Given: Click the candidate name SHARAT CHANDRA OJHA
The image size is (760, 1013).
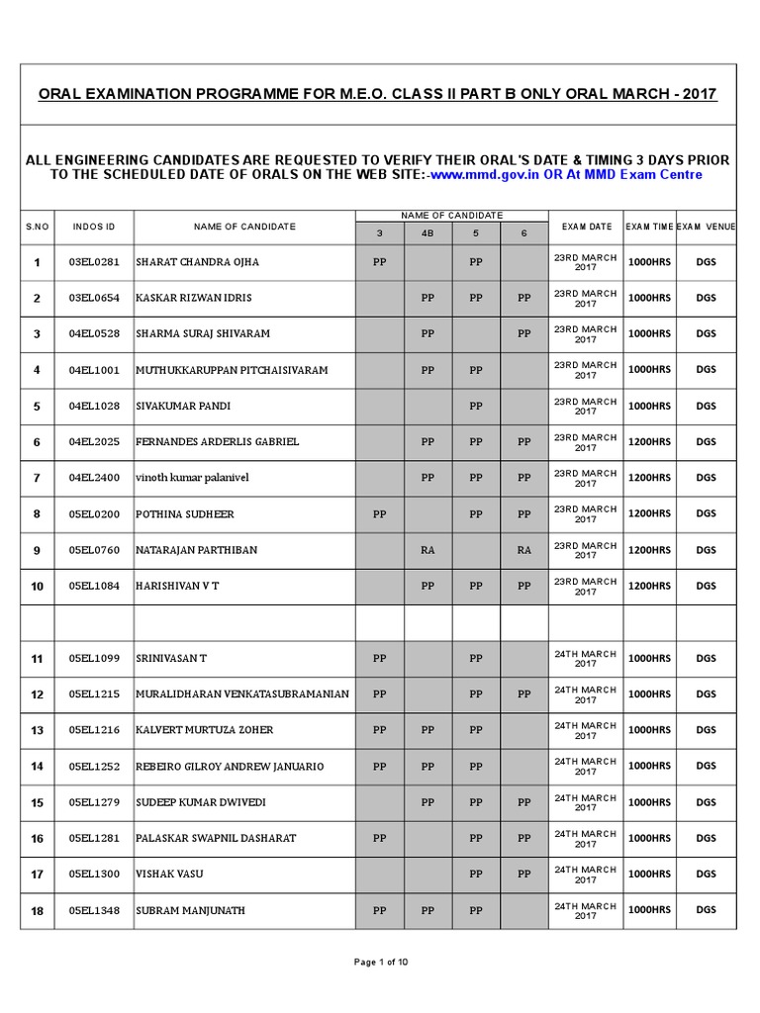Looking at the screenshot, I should [x=198, y=262].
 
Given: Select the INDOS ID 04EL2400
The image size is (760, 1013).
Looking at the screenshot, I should [x=94, y=478].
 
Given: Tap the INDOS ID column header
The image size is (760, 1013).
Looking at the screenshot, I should [x=94, y=227].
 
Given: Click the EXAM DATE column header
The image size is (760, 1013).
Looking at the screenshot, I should [x=586, y=227].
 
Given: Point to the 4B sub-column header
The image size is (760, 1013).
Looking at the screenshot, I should [x=427, y=234].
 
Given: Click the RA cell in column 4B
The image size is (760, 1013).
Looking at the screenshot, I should [x=427, y=550].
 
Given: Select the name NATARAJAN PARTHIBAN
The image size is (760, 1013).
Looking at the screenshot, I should [x=201, y=550].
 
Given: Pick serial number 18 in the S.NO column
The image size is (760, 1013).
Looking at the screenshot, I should [x=38, y=910].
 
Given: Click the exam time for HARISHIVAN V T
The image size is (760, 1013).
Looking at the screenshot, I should [x=649, y=586].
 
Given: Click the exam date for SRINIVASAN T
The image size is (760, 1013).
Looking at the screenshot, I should [x=586, y=658].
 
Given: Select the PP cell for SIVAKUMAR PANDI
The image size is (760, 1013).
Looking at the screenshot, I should [x=476, y=406].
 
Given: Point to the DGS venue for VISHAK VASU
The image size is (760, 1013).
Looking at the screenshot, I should [x=706, y=874].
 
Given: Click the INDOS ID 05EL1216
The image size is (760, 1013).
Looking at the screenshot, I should [x=94, y=730].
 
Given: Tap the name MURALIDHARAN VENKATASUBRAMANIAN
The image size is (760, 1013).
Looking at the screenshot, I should [x=243, y=694].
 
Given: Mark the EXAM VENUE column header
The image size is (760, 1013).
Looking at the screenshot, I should [x=706, y=227].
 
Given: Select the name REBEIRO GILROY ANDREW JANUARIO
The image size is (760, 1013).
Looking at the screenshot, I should [x=227, y=766].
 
